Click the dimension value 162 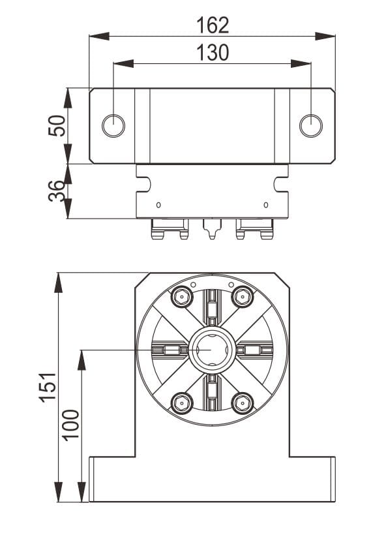coord(213,25)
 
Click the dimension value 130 coord(213,53)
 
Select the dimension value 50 coord(57,125)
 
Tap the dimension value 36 coord(57,190)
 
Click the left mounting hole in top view coord(113,125)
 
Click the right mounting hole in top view coord(310,125)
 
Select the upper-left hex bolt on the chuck coord(181,297)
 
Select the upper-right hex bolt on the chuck coord(243,297)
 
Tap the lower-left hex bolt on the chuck coord(181,402)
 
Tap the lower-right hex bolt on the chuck coord(243,402)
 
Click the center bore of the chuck coord(212,350)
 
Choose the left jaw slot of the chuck coord(168,350)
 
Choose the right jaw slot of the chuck coord(256,350)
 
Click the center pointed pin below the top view coord(211,230)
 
